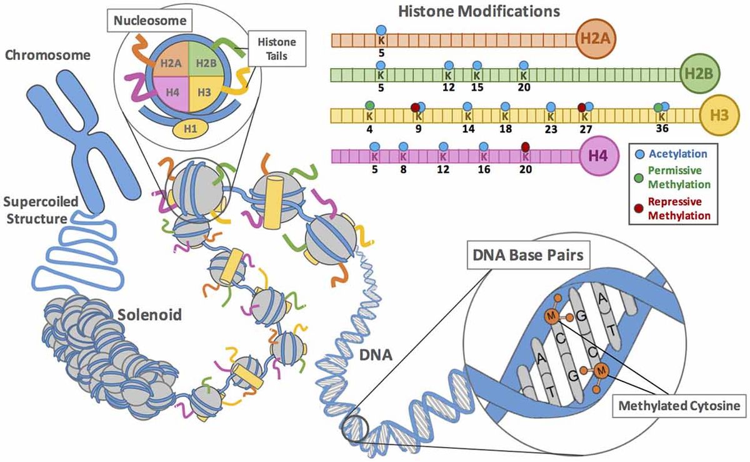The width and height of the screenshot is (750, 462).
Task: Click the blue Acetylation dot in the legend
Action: tap(639, 154)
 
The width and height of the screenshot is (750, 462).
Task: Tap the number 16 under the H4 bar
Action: tap(483, 169)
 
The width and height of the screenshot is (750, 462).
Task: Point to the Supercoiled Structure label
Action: tap(40, 210)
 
